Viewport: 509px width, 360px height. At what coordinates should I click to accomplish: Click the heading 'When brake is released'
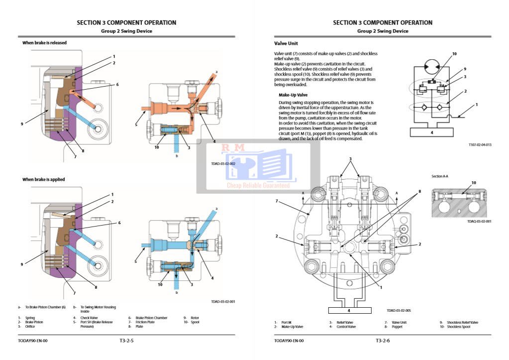click(44, 43)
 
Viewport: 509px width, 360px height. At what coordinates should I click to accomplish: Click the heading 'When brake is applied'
click(43, 179)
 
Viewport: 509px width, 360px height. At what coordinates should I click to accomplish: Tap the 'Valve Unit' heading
click(286, 44)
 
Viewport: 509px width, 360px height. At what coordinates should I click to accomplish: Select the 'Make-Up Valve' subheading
click(293, 95)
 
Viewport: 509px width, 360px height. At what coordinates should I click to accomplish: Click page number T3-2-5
click(126, 341)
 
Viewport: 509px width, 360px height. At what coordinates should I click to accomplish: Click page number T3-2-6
click(383, 341)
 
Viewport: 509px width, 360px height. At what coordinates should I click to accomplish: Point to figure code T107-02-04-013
click(480, 145)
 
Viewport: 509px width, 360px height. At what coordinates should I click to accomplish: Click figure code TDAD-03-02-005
click(399, 310)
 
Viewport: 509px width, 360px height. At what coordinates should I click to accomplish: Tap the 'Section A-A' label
click(440, 176)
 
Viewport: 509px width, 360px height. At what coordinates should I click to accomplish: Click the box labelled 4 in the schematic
click(431, 132)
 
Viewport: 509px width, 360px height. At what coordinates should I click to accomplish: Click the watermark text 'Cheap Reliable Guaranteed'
click(258, 185)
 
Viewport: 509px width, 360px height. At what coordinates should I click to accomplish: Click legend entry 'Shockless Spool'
click(458, 327)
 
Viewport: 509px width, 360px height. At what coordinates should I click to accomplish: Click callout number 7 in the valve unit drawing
click(277, 201)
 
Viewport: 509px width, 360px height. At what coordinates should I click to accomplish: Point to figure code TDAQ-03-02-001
click(479, 221)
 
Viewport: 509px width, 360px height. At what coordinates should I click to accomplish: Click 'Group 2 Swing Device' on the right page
click(383, 31)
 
